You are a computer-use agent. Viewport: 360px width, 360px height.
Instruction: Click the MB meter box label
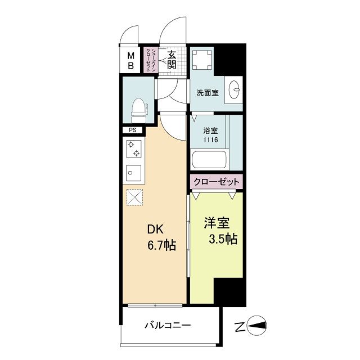pyautogui.click(x=130, y=60)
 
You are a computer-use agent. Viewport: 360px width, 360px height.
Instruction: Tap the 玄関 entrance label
pyautogui.click(x=172, y=59)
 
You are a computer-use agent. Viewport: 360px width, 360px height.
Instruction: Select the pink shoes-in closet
pyautogui.click(x=149, y=59)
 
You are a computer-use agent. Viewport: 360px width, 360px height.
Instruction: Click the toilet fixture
pyautogui.click(x=138, y=110)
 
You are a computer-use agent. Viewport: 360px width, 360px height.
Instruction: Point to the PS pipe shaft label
pyautogui.click(x=133, y=130)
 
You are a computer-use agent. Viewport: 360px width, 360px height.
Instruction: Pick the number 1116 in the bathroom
pyautogui.click(x=211, y=141)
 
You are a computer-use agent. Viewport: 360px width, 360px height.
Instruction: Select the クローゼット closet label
pyautogui.click(x=216, y=182)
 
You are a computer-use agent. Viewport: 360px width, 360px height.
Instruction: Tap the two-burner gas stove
pyautogui.click(x=135, y=149)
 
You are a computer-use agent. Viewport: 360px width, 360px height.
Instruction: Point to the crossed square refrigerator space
pyautogui.click(x=135, y=197)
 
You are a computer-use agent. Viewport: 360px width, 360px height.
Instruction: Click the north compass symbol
pyautogui.click(x=256, y=325)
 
